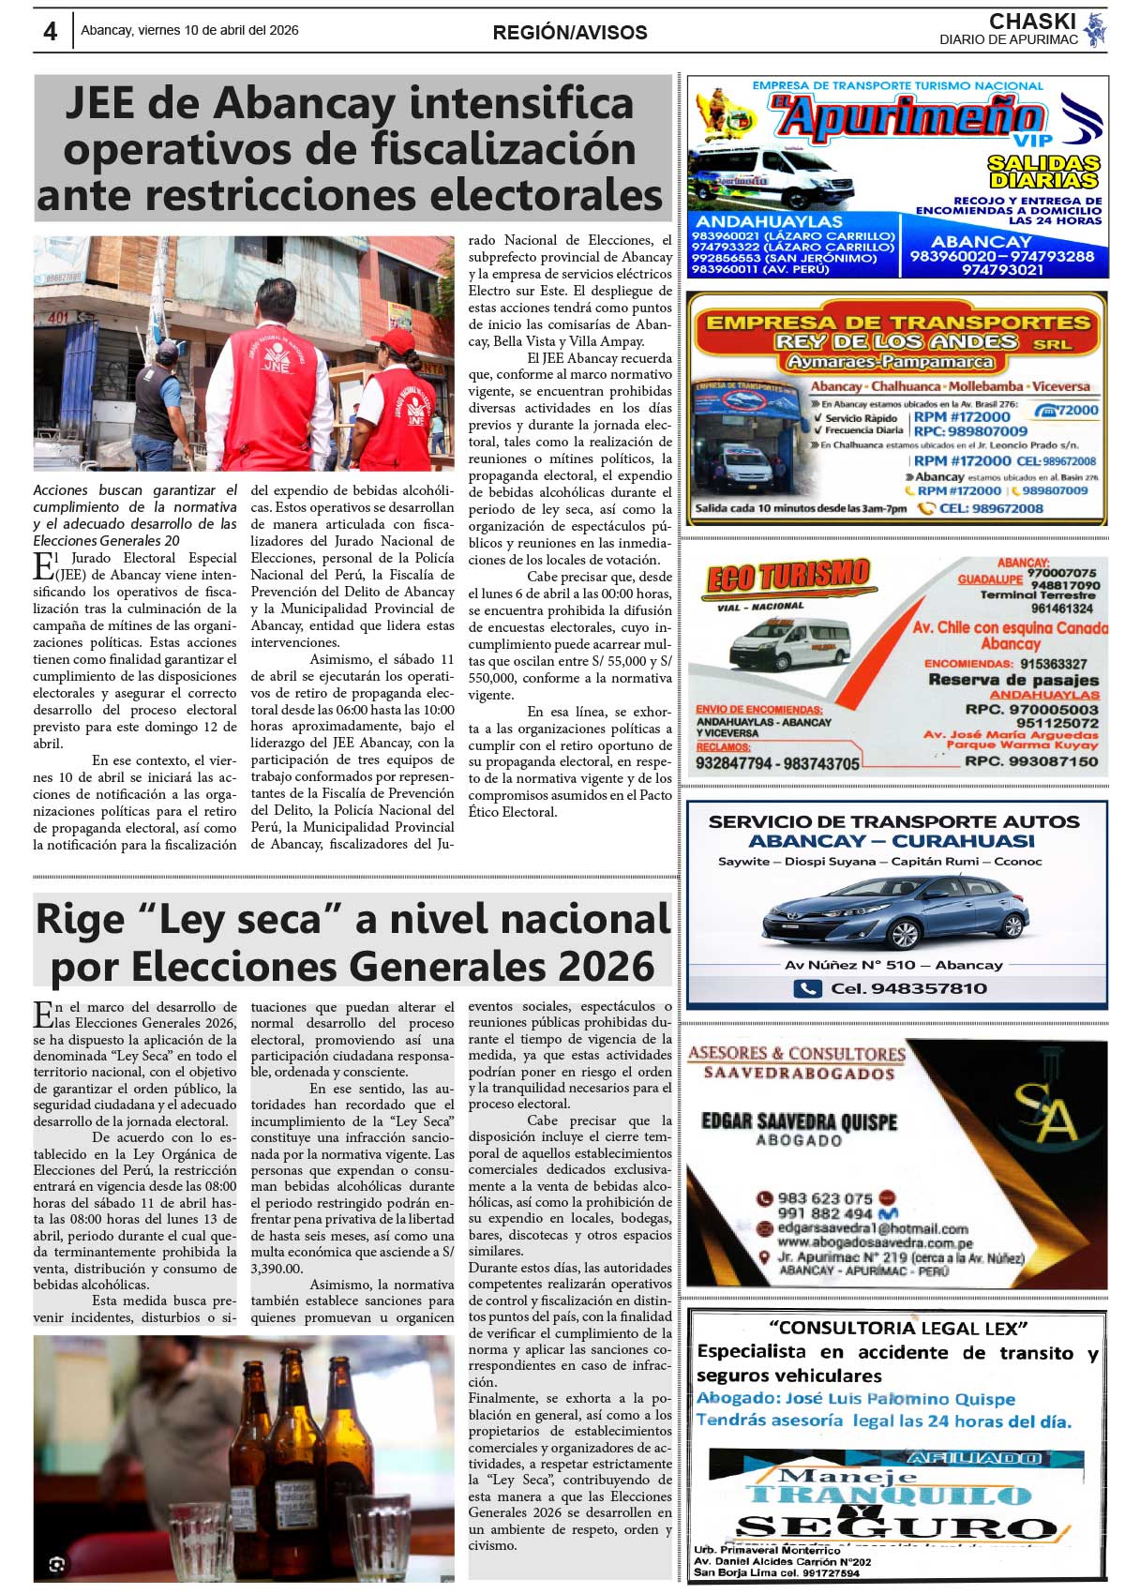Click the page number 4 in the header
50,32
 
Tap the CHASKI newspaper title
1032,21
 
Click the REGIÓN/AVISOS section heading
570,33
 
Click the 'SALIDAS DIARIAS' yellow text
1042,171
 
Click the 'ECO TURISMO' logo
787,576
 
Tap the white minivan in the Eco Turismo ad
790,644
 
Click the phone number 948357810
907,988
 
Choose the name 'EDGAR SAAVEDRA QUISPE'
799,1121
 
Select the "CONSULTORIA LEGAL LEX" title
898,1328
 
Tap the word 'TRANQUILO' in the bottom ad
889,1496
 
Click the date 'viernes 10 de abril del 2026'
217,31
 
